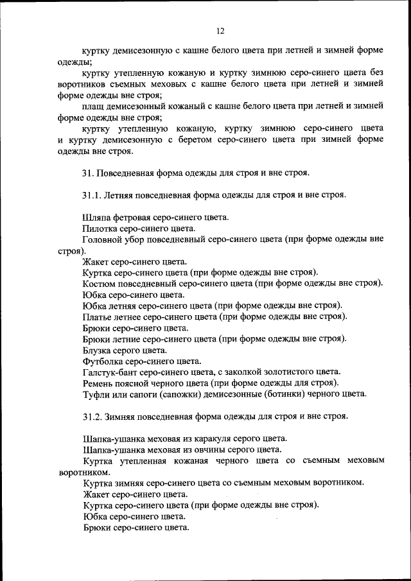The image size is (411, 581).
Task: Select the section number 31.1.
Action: point(93,195)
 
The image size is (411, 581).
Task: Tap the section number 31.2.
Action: point(93,416)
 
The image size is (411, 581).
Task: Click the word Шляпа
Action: point(96,218)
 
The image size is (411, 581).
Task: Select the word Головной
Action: point(101,239)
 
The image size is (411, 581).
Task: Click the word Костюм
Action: point(99,283)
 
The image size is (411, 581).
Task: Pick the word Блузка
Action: point(98,350)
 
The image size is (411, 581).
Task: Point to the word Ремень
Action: point(98,383)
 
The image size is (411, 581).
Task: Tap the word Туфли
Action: point(96,394)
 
